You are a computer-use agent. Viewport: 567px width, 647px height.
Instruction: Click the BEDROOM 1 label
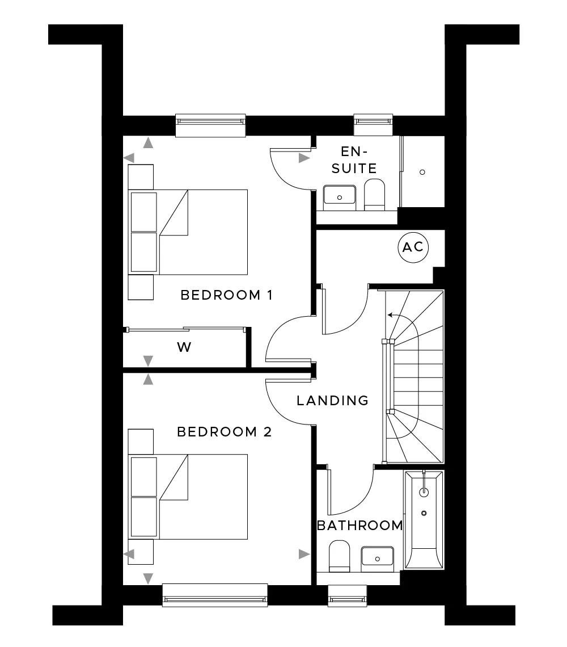(x=226, y=295)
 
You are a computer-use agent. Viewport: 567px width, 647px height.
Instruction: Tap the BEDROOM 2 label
(x=225, y=432)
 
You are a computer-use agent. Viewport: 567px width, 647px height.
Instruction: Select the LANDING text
(x=332, y=400)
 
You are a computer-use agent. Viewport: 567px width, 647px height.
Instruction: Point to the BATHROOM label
(x=359, y=526)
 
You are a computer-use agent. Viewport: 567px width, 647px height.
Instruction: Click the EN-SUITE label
(x=354, y=160)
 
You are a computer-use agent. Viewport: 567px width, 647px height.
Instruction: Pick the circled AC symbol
(x=413, y=247)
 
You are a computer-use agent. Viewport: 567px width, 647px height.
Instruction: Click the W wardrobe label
(x=184, y=347)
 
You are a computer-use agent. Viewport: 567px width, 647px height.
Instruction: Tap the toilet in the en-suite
(x=374, y=194)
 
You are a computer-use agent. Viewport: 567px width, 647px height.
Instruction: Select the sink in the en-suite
(x=340, y=195)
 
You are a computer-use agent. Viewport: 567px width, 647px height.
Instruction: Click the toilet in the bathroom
(x=340, y=556)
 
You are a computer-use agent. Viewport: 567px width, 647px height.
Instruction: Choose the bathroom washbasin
(x=377, y=557)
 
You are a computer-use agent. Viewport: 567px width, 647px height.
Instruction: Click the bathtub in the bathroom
(x=424, y=519)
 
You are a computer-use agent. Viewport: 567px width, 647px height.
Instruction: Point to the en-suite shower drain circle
(x=422, y=172)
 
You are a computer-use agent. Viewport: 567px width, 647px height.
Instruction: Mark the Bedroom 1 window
(x=211, y=125)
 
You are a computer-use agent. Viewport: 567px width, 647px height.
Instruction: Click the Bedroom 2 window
(x=215, y=595)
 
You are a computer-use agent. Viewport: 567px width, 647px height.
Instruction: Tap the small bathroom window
(x=347, y=595)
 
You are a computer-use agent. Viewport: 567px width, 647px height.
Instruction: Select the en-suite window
(x=373, y=125)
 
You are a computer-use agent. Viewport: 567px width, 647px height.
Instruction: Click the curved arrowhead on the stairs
(x=390, y=315)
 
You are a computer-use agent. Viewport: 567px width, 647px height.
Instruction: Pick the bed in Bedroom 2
(x=188, y=497)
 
